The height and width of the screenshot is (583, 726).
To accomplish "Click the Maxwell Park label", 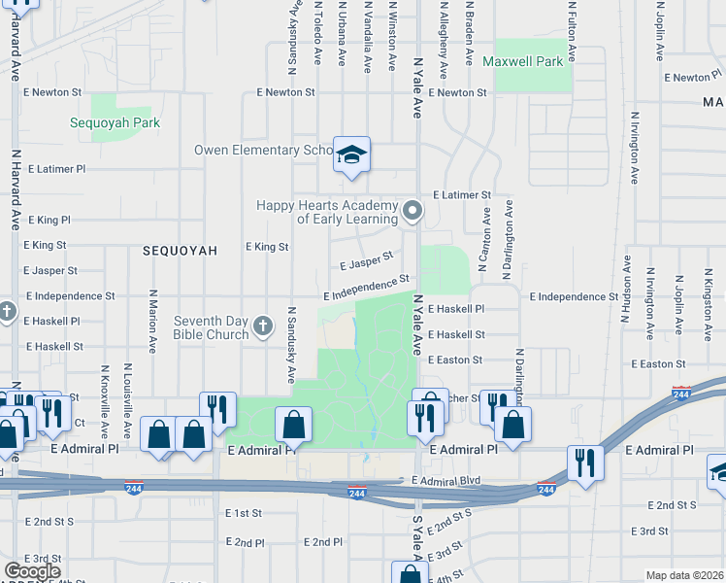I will click(x=522, y=62).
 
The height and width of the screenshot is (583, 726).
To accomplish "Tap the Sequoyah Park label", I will click(x=115, y=123).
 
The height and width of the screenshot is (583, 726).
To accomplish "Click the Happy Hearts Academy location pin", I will click(x=412, y=211).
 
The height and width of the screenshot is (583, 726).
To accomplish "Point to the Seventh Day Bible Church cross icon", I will click(x=262, y=326).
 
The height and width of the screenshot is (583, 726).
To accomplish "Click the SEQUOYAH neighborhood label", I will click(x=180, y=251).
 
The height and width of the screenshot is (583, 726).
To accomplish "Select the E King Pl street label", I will click(x=50, y=221).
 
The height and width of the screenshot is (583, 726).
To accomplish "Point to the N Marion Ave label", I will click(x=153, y=321).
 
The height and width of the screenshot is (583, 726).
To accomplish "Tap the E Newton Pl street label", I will click(x=693, y=78).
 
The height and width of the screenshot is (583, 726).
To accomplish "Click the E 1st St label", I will click(x=244, y=512).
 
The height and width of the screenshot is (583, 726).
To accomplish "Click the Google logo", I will click(x=32, y=570).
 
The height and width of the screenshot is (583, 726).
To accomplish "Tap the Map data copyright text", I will click(x=685, y=575).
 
